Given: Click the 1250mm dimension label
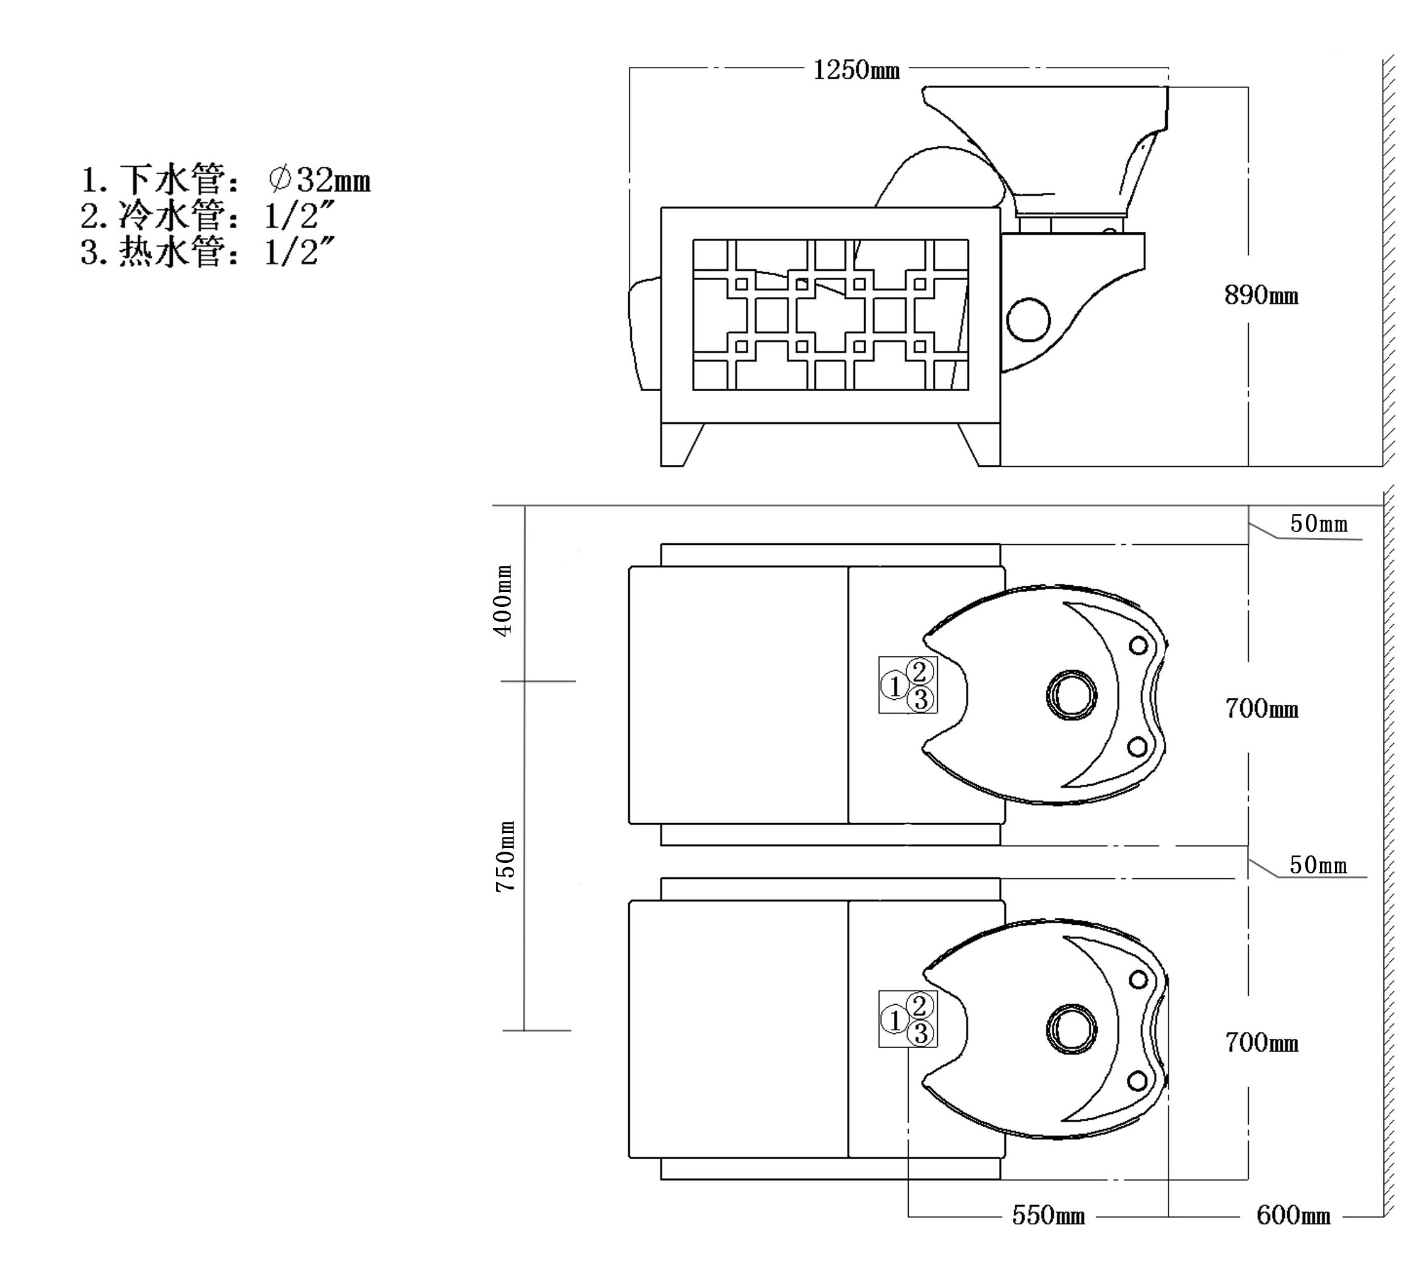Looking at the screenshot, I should coord(857,69).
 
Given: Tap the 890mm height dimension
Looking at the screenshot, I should coord(1261,296).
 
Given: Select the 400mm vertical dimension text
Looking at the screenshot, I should coord(503,599).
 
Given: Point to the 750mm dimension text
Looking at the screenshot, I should coord(505,856).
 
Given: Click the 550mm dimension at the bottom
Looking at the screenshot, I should coord(1048,1216).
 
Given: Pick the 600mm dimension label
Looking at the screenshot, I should coord(1293,1216).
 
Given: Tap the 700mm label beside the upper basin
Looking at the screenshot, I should coord(1261,709).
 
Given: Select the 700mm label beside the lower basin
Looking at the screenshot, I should coord(1261,1043).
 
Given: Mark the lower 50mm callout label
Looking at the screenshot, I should coord(1318,865).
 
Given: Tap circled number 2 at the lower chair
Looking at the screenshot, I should coord(919,1005).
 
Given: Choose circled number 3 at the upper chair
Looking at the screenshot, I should coord(921,699).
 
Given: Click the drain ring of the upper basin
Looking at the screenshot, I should coord(1072,695).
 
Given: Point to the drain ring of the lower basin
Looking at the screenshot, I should coord(1072,1029).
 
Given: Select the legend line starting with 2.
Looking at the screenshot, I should coord(209,216).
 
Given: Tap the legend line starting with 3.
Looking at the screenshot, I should coord(209,252).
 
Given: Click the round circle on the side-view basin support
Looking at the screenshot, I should coord(1028,319).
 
